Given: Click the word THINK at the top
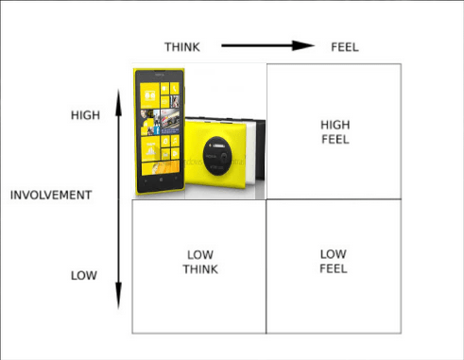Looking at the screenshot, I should tap(182, 45).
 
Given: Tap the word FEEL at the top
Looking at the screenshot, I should tap(344, 45).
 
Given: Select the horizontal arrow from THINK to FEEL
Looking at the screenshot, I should tap(260, 45).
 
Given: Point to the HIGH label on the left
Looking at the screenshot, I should tap(85, 115).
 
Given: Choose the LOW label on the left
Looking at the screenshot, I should tap(84, 276).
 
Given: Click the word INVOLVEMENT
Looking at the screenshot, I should tap(51, 195).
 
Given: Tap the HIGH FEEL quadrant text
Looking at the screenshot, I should tap(335, 131).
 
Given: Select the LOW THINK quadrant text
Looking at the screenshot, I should tap(200, 262).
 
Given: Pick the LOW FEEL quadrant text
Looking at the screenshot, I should tap(334, 261).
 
